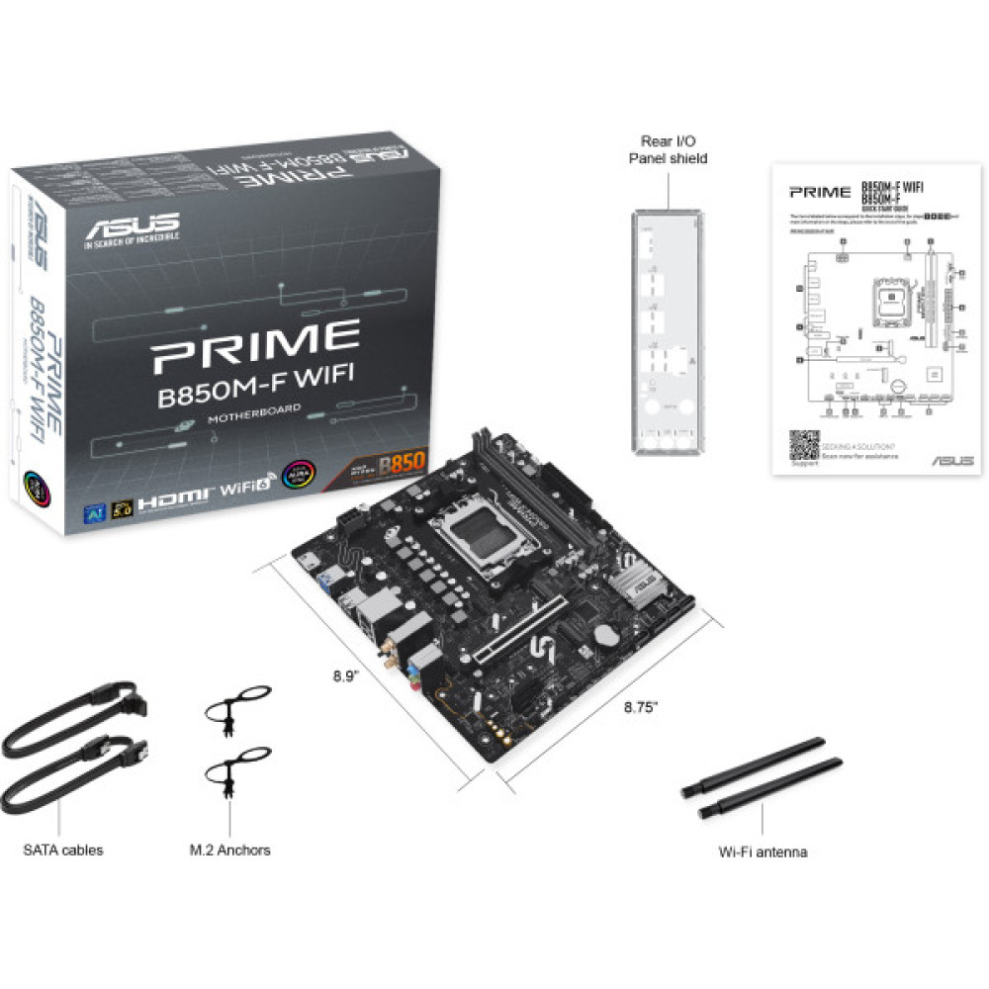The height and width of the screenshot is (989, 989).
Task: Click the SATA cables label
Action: coord(63,850)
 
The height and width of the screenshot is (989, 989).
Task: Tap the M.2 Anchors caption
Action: coord(229,850)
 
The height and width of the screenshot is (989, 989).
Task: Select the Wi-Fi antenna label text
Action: coord(763,852)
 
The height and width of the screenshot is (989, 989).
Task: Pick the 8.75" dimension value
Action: coord(640,707)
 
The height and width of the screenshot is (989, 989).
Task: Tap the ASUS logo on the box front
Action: coord(132,225)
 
